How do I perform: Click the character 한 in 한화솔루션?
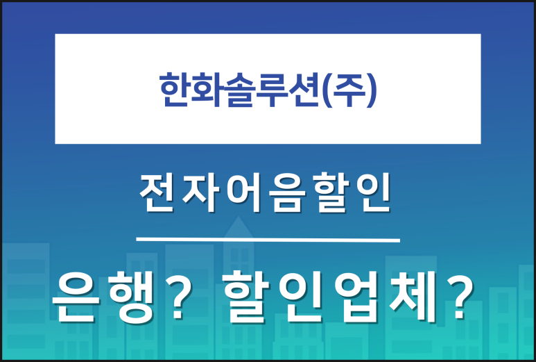[175, 89]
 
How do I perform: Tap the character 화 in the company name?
[208, 89]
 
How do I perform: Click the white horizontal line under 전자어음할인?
[268, 240]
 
